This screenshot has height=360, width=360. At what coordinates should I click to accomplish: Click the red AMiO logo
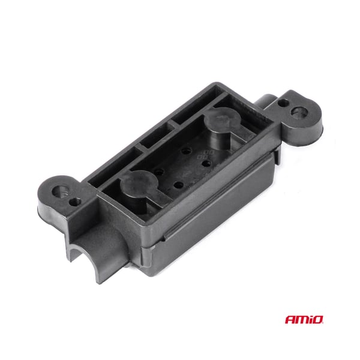click(x=304, y=319)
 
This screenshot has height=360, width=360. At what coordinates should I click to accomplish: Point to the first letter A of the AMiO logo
click(x=290, y=320)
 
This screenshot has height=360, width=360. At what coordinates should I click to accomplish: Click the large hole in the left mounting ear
click(x=60, y=191)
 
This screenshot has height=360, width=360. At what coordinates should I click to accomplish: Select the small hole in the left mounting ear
click(x=76, y=202)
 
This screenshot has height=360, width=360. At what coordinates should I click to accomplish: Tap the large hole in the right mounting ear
click(x=299, y=112)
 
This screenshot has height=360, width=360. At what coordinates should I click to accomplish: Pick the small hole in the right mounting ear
click(x=284, y=103)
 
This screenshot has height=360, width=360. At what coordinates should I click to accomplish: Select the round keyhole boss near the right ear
click(x=222, y=120)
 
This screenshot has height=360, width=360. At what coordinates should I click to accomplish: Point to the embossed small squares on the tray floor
click(x=205, y=155)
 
